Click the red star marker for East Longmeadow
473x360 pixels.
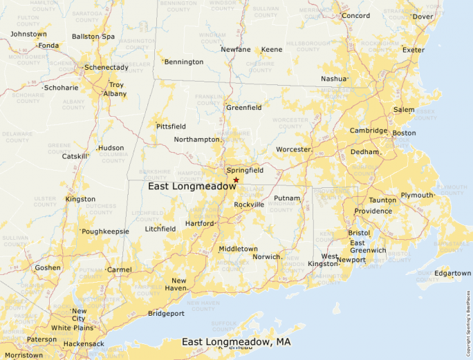[236, 180]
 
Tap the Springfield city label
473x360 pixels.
[245, 170]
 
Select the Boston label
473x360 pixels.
[404, 133]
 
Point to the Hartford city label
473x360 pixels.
[199, 223]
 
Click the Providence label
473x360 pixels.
[373, 211]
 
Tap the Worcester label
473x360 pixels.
[293, 149]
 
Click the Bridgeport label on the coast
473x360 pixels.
[166, 313]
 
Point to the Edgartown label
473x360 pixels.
[452, 273]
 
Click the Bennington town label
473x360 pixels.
[184, 62]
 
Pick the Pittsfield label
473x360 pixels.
[171, 127]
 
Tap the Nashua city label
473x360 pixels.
[333, 79]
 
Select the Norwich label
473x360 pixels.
[266, 256]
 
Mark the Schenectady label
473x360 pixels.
[106, 68]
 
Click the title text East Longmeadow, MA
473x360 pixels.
[236, 342]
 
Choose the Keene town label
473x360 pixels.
[271, 50]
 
